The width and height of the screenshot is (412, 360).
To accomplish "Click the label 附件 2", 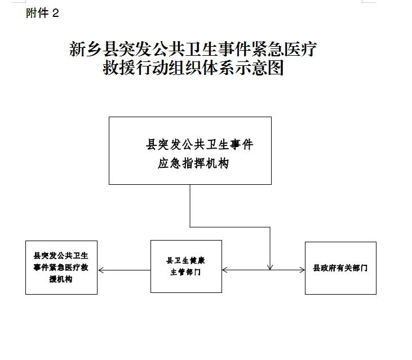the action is coord(42,13).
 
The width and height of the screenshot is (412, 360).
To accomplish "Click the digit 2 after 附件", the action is coord(55,14).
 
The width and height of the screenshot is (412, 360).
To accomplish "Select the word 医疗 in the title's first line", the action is coord(300,49).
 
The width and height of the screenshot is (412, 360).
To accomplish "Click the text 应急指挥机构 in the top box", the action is coord(193,163).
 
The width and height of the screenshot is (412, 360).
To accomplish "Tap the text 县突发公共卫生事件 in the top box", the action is coord(200,145).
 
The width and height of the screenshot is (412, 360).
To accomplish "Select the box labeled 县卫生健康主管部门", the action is coord(187,266).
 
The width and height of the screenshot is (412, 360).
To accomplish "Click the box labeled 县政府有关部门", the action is coord(340,268).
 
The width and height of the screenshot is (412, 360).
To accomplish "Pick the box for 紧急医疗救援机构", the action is coord(61,268).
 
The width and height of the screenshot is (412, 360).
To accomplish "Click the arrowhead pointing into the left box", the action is coord(101,270).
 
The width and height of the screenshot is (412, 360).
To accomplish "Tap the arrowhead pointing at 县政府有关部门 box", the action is coord(302,270).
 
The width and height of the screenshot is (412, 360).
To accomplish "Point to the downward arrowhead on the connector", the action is coord(270,267).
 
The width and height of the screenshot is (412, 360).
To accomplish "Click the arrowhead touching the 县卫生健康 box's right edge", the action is coord(225,270).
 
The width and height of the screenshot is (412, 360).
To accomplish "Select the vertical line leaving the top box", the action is coord(190,206).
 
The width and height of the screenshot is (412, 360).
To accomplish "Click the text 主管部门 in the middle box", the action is coord(185,272).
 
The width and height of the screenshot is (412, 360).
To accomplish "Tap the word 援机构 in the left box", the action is coord(61,279).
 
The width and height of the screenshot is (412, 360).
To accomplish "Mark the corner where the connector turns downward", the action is coord(270,227).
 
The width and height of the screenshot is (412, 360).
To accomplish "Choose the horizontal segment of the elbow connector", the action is coord(230,227).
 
